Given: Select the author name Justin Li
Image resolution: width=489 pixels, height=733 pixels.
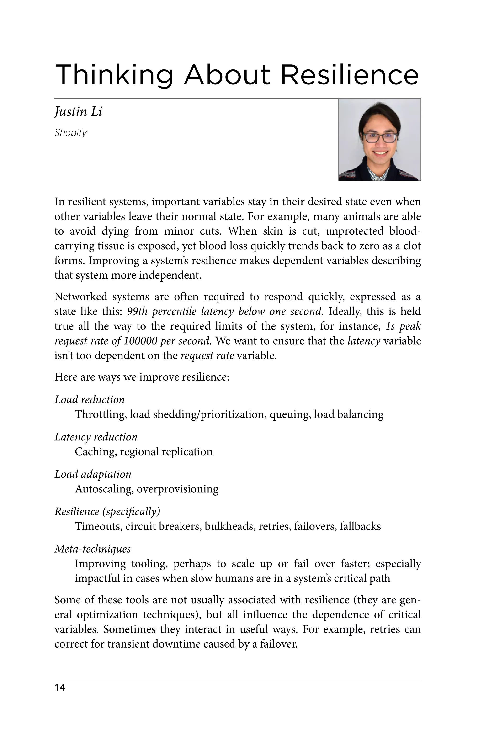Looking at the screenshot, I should pos(78,112).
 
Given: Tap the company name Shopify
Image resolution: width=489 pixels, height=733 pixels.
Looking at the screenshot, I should pos(70,133).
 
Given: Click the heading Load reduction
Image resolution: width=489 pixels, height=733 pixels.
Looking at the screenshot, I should pos(90,399).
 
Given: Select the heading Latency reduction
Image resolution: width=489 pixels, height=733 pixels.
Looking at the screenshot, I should pos(96,437).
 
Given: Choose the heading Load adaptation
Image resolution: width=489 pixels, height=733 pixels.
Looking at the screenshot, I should pos(93,474).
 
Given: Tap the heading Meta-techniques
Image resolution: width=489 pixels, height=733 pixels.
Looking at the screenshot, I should pos(93,549).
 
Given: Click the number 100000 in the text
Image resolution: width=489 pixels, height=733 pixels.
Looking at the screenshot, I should pos(140,341).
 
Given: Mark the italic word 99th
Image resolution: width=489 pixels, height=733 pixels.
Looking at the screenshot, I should pos(137,311).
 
